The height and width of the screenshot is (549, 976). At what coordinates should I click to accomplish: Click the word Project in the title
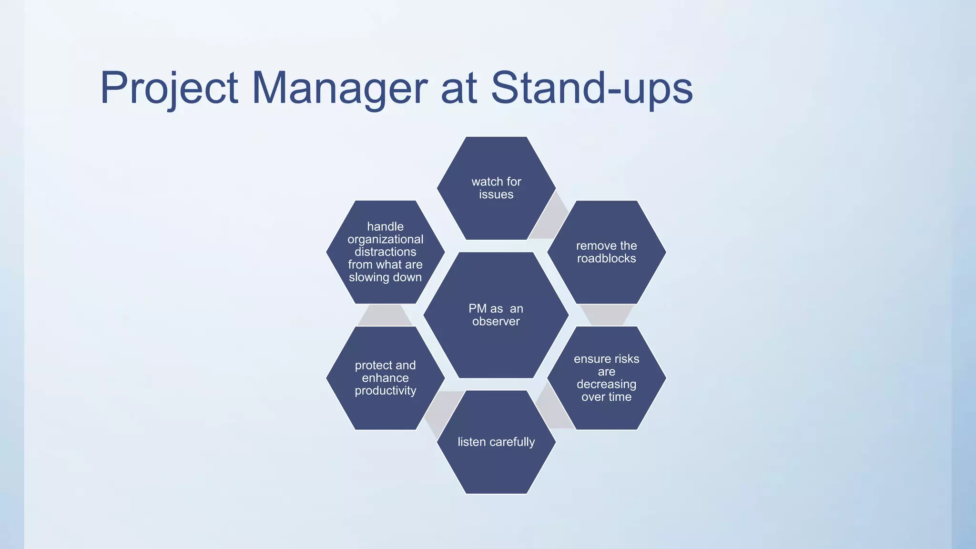point(169,88)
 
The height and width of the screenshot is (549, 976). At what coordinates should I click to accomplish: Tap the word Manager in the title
point(339,88)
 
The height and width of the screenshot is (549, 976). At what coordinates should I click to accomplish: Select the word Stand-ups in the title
point(591,88)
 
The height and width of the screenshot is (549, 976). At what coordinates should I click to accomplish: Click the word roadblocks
point(606,259)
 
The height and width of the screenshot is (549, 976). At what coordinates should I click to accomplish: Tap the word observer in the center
point(496,322)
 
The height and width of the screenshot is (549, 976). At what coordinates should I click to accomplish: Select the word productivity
point(385,391)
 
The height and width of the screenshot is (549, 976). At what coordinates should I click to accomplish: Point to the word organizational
point(385,239)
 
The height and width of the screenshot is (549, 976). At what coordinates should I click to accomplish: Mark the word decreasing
point(606,384)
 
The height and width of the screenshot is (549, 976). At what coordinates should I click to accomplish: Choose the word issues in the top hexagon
point(496,194)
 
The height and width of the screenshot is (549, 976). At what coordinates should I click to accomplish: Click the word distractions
point(385,252)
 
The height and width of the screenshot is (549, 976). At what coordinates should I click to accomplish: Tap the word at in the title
point(459,88)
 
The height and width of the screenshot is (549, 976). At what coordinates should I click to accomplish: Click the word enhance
point(385,378)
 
